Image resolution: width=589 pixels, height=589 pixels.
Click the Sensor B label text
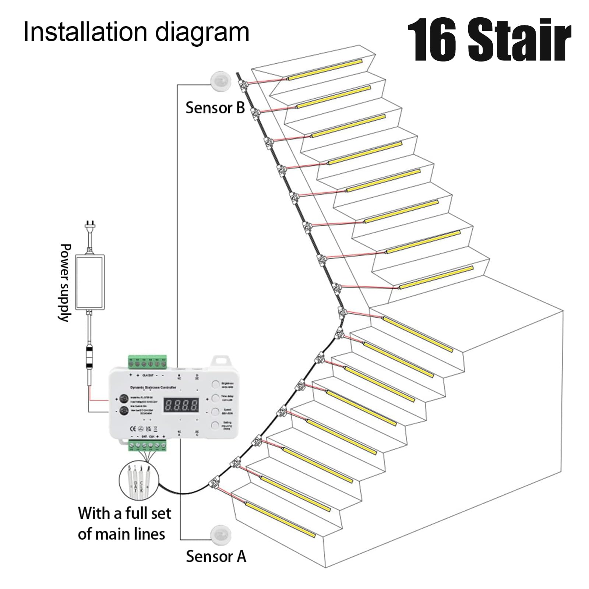coord(215,108)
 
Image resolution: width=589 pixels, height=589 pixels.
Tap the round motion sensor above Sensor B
coord(221,80)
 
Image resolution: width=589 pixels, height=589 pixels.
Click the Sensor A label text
coord(216,556)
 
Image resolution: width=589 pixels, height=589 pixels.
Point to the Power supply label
coord(65,282)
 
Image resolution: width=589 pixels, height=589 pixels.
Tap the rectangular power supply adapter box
coord(90,282)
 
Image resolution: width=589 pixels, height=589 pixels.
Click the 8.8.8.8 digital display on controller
coord(181,405)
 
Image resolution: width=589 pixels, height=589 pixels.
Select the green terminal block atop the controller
coord(147,362)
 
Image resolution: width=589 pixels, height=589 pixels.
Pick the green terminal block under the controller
coord(147,446)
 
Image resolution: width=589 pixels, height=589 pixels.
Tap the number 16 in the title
coord(433,40)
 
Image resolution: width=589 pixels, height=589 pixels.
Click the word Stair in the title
coord(519,40)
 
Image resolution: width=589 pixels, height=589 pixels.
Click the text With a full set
coord(124,513)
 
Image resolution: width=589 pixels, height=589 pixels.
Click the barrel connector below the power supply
coord(89,356)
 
